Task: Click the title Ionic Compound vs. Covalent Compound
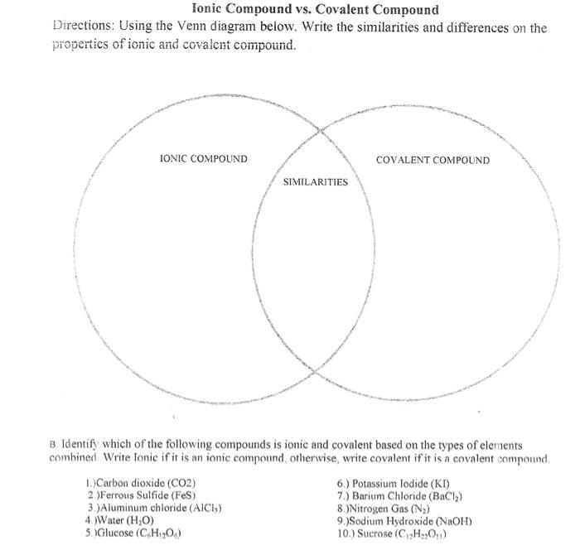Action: point(303,11)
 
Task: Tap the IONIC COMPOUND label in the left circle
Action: point(203,158)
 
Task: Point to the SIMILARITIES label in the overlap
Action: point(316,181)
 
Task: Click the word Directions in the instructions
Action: point(87,29)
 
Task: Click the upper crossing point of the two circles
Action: point(321,129)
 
